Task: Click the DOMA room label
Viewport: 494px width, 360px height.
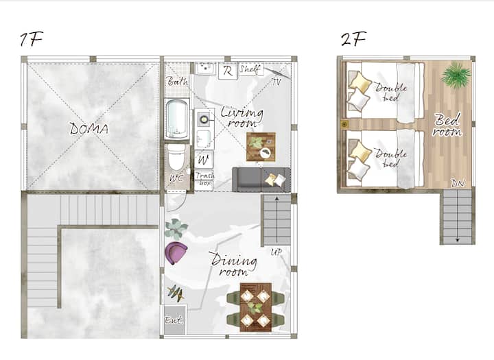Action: [x=89, y=128]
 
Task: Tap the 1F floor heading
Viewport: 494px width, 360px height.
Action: [x=31, y=39]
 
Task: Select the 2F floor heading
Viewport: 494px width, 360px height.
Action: [x=353, y=39]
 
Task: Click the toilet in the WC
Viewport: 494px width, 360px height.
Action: [x=176, y=158]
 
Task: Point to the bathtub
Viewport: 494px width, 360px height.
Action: [x=177, y=119]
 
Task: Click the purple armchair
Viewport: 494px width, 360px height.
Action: [x=176, y=253]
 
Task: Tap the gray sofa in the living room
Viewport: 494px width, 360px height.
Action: [x=261, y=180]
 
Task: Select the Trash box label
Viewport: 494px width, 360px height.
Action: [x=204, y=179]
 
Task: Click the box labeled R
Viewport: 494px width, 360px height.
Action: [x=228, y=71]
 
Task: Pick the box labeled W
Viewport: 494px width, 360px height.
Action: [x=204, y=160]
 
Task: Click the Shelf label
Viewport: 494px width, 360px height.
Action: [x=250, y=69]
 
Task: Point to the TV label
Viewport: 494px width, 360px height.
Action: [x=277, y=82]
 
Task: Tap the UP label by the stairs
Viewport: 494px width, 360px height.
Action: [x=276, y=252]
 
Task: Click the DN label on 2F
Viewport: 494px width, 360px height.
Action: [x=458, y=183]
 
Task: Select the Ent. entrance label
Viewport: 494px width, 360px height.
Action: [x=174, y=320]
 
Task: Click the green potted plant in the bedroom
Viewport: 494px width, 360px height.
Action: [x=456, y=75]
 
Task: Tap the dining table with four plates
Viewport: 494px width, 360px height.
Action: [x=255, y=307]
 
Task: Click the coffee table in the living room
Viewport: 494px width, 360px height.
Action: [x=261, y=147]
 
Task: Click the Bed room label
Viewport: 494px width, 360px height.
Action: [x=447, y=125]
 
